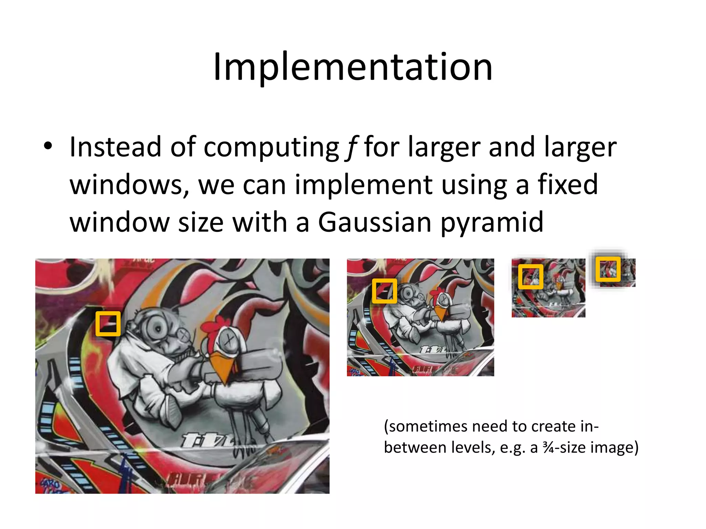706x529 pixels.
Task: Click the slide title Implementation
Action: tap(353, 67)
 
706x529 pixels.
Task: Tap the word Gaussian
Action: tap(374, 222)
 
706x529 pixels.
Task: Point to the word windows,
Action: tap(130, 185)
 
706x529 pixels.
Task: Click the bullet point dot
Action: tap(48, 146)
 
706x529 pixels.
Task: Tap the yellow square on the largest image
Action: tap(108, 324)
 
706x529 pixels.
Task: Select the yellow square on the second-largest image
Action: tap(384, 291)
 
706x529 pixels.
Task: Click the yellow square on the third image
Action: tap(531, 277)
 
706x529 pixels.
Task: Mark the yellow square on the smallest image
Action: tap(608, 269)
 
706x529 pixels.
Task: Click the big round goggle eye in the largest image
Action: tap(158, 329)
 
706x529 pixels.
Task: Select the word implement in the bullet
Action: tap(364, 185)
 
